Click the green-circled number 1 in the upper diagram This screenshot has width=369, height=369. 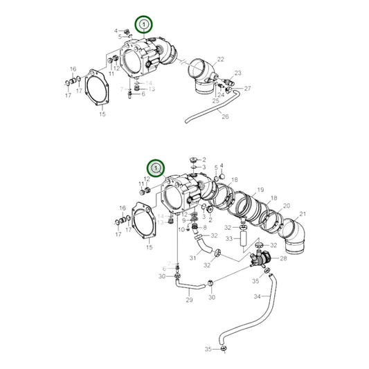pos(143,25)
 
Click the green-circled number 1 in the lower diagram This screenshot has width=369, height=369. pos(156,168)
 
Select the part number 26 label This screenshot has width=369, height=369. pos(224,116)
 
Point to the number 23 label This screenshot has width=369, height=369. pos(237,73)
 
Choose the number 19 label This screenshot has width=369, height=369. pos(260,190)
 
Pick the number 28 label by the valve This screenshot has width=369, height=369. pos(282,259)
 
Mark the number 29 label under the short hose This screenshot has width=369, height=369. pos(188,301)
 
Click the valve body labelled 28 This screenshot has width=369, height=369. pos(260,261)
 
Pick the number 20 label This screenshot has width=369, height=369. pos(286,206)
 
